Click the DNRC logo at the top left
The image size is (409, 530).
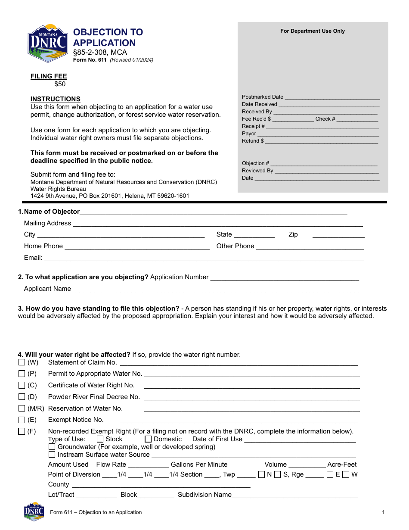47,43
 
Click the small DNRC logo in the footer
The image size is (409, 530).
34,511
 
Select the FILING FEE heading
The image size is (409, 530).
48,76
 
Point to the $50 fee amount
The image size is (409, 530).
60,84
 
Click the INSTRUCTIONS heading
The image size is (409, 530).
55,99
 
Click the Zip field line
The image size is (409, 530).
338,235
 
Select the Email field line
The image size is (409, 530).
204,259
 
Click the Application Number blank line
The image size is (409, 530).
284,278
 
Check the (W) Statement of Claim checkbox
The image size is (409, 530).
22,362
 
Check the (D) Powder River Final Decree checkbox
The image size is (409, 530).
22,397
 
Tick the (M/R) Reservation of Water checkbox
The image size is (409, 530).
22,408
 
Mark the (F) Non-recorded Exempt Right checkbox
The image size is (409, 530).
22,431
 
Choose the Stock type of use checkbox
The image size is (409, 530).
100,439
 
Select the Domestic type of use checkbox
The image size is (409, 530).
148,439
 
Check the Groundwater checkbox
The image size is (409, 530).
52,447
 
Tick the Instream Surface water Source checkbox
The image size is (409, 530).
52,455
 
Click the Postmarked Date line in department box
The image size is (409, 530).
332,98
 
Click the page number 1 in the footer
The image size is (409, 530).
383,512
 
